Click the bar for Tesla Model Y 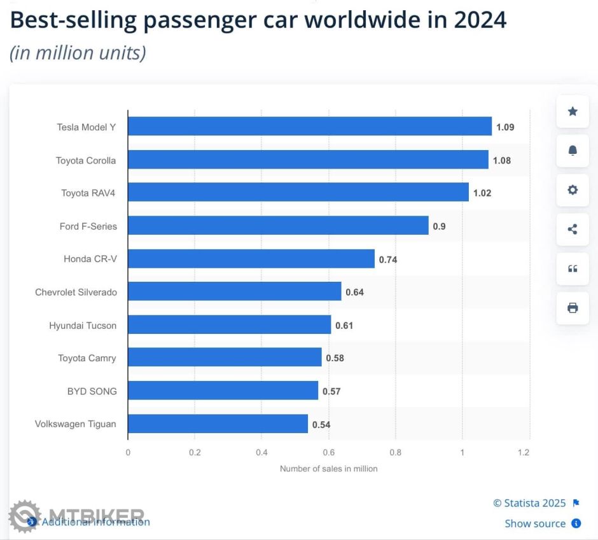310,126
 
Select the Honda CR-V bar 251,259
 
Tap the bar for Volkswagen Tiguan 218,424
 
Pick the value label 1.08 502,160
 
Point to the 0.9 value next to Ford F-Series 439,226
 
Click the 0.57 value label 331,391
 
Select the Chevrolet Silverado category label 76,292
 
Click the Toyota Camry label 87,358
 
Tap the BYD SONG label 92,391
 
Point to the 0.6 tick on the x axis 328,453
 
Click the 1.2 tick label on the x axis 524,453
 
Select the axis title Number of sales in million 329,469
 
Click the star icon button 573,111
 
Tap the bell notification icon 573,151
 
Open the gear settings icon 573,190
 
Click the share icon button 573,230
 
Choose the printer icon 573,308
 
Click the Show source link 535,523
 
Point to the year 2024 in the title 480,20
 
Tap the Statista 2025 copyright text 529,503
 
